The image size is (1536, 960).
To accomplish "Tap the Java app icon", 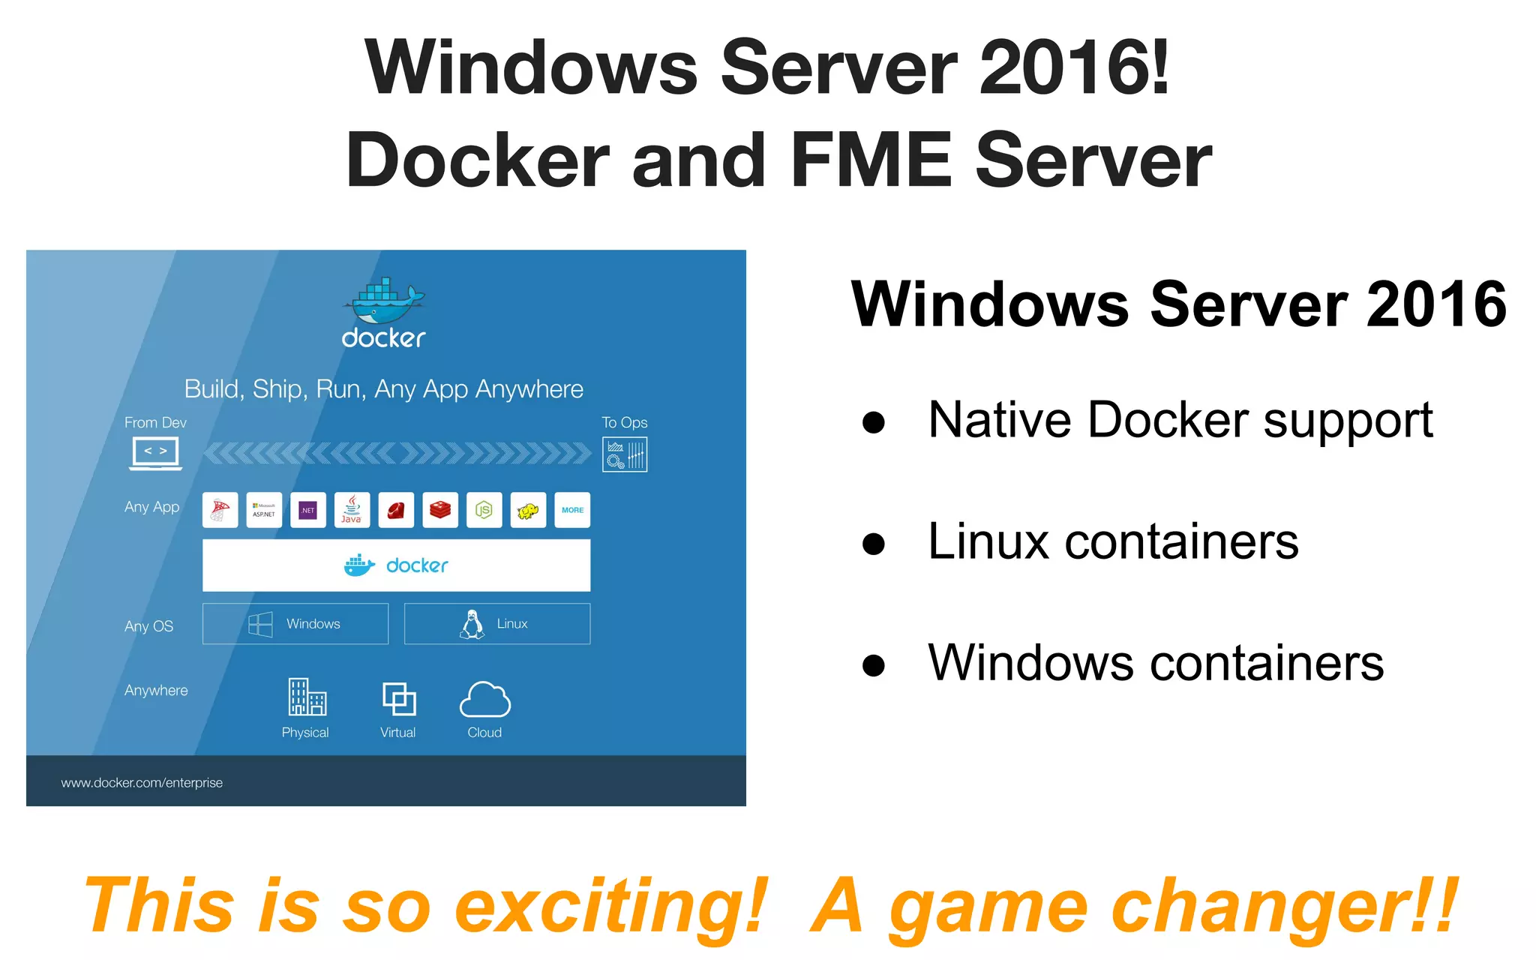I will point(352,510).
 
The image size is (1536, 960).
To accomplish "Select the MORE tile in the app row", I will point(572,510).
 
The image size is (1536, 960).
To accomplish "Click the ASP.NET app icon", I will point(264,510).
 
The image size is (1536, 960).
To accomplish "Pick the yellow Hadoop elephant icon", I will point(528,510).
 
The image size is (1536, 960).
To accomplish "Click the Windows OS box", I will point(295,624).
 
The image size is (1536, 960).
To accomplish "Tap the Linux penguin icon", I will point(472,624).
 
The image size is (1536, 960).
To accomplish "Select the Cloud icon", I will point(484,699).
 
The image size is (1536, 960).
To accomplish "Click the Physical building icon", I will point(307,697).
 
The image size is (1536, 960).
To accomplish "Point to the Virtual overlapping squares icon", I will point(399,698).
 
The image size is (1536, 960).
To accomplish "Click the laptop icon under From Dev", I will point(156,453).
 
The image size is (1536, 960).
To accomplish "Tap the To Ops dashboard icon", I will point(625,454).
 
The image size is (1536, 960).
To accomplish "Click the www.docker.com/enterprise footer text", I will point(142,782).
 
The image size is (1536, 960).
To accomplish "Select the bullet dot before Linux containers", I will point(873,543).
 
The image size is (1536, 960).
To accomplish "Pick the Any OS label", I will point(148,626).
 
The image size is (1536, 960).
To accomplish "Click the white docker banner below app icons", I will point(396,565).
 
